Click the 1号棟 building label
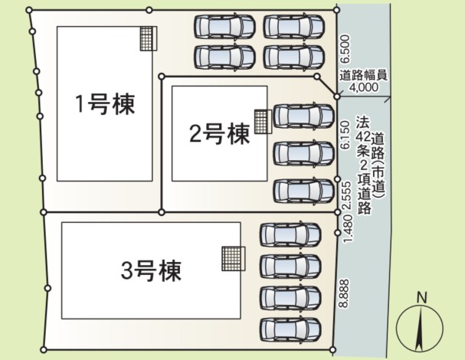(105, 104)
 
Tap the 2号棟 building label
(219, 134)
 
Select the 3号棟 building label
(151, 270)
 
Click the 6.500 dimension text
(345, 49)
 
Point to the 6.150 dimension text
(345, 134)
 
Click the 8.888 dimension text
(344, 293)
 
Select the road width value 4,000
(364, 87)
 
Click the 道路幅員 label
(363, 76)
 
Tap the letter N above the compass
(421, 297)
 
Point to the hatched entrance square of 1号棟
(149, 38)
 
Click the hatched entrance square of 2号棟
(263, 122)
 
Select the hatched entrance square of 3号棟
(234, 259)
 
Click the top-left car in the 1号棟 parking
(224, 27)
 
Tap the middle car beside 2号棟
(303, 153)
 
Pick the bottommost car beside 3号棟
(290, 330)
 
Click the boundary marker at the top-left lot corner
(29, 11)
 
